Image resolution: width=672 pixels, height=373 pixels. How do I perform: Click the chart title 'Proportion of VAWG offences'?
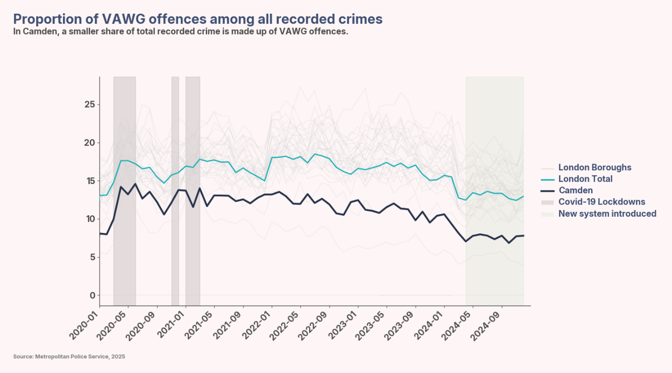pos(198,19)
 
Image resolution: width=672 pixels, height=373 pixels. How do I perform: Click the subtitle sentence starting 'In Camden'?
pos(180,32)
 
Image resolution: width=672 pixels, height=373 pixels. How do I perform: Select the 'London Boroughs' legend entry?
pos(594,167)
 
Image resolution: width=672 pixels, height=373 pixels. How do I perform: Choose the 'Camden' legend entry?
pos(575,190)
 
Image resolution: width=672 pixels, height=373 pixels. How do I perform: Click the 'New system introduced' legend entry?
pos(607,214)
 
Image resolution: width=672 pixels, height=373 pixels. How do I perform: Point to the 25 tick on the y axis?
pos(89,105)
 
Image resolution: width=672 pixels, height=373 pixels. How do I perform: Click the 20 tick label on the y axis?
pos(89,143)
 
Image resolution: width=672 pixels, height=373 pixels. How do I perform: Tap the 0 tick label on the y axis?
pos(92,295)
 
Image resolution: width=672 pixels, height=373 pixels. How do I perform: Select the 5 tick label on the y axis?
pos(92,257)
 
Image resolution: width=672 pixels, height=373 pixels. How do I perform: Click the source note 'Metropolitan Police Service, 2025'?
pos(69,357)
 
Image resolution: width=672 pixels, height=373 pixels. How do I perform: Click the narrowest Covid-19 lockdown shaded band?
pos(175,190)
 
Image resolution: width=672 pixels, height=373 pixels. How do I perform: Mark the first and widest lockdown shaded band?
pos(124,190)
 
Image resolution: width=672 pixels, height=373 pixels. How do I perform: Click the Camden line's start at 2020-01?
pos(100,233)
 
